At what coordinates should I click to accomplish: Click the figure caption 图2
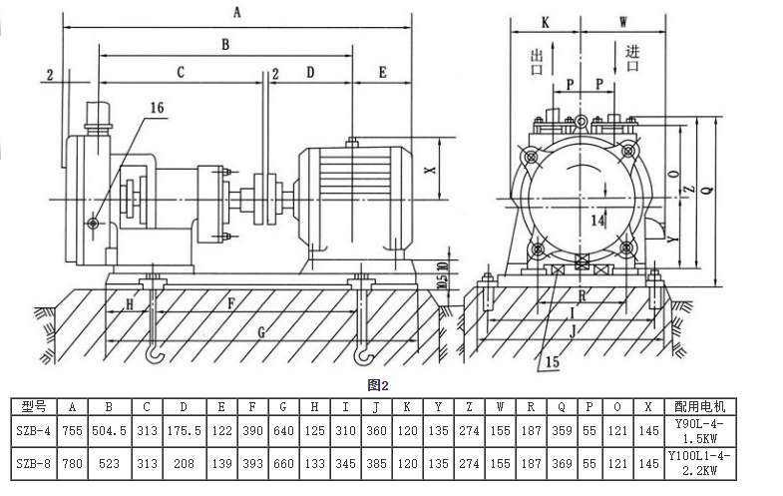click(377, 384)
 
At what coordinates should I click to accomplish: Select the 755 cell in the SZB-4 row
click(72, 435)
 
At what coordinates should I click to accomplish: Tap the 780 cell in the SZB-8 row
click(72, 464)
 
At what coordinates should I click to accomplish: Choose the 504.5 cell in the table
click(108, 435)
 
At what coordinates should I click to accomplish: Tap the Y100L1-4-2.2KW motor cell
click(718, 464)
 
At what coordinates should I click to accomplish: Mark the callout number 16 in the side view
click(157, 107)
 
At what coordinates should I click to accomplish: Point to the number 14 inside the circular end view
click(597, 219)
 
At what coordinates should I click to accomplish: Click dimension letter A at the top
click(237, 12)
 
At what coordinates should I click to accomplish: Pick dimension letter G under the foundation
click(262, 330)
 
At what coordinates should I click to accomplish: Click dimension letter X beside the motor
click(431, 170)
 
